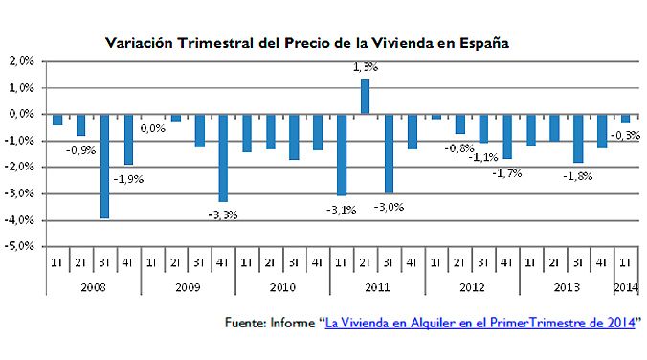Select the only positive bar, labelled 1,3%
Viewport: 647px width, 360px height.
pos(365,97)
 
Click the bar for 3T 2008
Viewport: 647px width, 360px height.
pos(104,166)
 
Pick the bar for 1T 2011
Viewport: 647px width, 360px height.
pos(342,154)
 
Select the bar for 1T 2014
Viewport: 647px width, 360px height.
pos(625,118)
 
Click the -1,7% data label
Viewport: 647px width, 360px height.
pos(506,172)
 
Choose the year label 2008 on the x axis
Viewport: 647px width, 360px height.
pos(92,284)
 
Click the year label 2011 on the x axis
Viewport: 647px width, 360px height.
pos(376,284)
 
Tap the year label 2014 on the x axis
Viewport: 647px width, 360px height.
pos(625,284)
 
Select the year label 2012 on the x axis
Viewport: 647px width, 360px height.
pos(471,284)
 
